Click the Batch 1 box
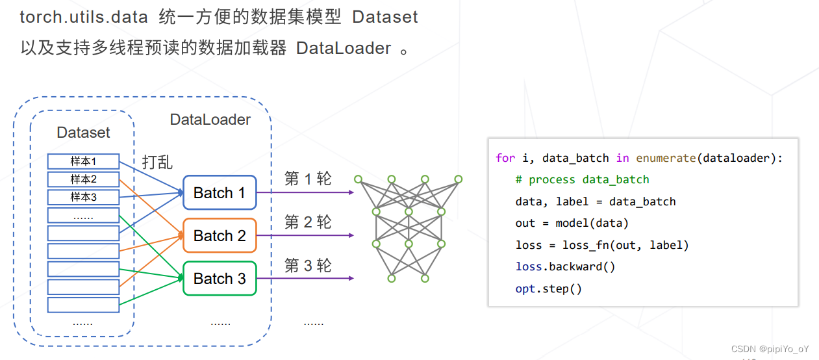(x=220, y=192)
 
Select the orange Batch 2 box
(x=220, y=235)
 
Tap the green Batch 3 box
(x=220, y=278)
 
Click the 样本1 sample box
(x=83, y=161)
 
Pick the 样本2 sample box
(x=83, y=179)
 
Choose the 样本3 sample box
(x=83, y=197)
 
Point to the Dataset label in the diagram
(x=83, y=133)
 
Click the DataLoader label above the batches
(x=210, y=120)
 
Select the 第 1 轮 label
(x=308, y=179)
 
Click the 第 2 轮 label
(x=308, y=222)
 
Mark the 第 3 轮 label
(x=308, y=265)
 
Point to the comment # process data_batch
(x=582, y=179)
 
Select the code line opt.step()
(x=548, y=289)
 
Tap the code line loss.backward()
(x=565, y=266)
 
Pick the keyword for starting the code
(x=505, y=158)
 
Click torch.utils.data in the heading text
(x=84, y=17)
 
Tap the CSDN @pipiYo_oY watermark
(x=770, y=349)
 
